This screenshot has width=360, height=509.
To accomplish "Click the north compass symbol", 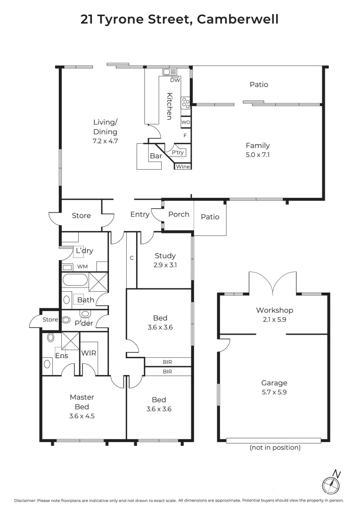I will [x=331, y=484].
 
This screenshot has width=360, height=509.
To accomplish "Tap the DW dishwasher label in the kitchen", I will [x=175, y=80].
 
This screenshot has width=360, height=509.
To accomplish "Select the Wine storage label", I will [x=183, y=166].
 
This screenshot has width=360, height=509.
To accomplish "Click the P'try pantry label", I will [x=178, y=153].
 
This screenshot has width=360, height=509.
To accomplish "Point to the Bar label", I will [x=156, y=156].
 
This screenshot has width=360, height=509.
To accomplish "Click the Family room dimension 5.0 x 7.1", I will [x=257, y=154].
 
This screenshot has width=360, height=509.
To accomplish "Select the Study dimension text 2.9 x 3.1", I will [x=165, y=265].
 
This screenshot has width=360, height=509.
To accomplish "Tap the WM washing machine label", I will [x=82, y=267].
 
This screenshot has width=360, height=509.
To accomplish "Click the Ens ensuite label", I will [x=61, y=356].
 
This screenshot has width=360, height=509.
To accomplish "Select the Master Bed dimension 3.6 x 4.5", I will [x=82, y=416].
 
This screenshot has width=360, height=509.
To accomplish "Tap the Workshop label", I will [x=274, y=310].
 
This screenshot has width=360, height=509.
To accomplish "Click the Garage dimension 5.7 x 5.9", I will [x=274, y=392].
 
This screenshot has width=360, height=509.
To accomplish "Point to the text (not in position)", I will [x=275, y=448].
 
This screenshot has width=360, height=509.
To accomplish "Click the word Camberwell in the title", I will [x=237, y=19].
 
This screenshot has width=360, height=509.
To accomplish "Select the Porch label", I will [x=179, y=214].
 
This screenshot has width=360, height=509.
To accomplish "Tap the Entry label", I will [x=140, y=214].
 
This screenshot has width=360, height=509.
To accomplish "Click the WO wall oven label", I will [x=185, y=123].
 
